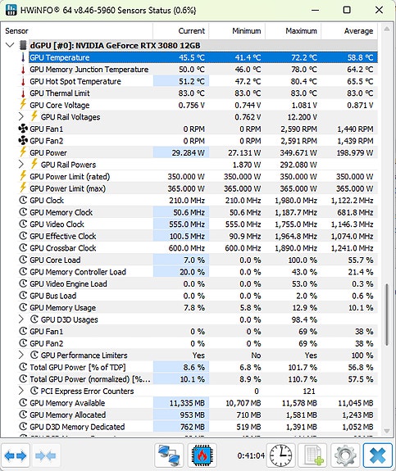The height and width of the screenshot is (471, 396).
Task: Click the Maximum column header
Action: click(x=301, y=31)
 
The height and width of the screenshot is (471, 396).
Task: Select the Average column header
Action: click(x=358, y=31)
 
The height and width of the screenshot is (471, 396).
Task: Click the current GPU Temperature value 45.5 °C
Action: click(x=192, y=57)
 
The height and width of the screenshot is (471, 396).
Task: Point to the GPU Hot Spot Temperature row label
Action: click(x=75, y=81)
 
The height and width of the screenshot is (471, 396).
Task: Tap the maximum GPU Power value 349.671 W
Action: click(x=298, y=153)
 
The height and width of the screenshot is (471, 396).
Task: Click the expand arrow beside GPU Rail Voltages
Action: click(x=20, y=116)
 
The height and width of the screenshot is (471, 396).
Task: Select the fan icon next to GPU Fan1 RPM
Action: click(x=23, y=129)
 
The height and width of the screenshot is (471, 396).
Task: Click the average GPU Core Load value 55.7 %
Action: click(x=361, y=260)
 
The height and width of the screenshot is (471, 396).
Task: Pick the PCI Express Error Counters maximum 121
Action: click(x=309, y=391)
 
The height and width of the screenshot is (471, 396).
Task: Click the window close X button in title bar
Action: click(x=379, y=10)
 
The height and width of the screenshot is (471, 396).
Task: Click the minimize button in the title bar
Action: click(x=315, y=10)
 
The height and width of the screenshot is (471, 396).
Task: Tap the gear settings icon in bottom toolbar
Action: click(x=345, y=455)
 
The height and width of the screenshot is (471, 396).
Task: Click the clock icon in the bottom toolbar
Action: click(x=280, y=455)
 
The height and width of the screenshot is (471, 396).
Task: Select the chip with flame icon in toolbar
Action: click(x=202, y=455)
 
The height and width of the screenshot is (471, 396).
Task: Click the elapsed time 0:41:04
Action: click(x=251, y=455)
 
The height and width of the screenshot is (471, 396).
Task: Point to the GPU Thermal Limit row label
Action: click(x=60, y=93)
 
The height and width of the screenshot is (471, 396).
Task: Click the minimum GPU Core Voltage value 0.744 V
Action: click(x=248, y=105)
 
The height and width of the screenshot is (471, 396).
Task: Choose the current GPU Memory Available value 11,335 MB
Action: click(x=187, y=403)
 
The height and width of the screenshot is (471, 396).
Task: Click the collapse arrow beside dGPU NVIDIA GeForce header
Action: click(x=10, y=45)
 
